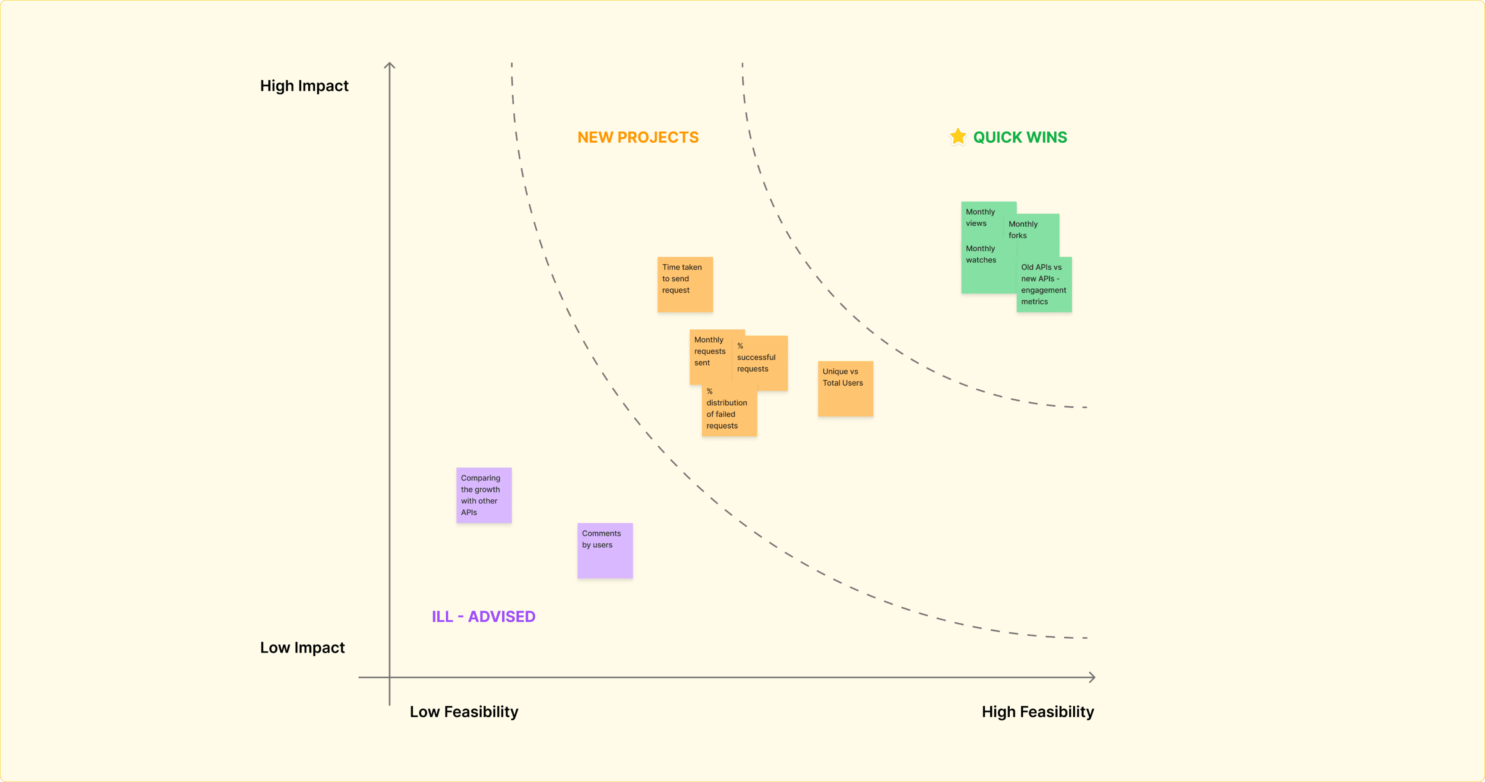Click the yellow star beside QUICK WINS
click(957, 136)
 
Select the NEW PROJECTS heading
click(638, 137)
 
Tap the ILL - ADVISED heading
click(483, 617)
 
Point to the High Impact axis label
click(304, 86)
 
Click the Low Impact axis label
click(302, 648)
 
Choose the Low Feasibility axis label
click(464, 712)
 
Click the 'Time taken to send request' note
click(685, 284)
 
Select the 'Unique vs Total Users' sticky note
click(845, 388)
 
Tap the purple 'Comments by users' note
click(605, 550)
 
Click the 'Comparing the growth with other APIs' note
click(483, 495)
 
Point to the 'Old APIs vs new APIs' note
click(1043, 284)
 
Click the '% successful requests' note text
click(756, 358)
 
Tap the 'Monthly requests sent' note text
click(709, 351)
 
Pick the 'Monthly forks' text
click(1023, 229)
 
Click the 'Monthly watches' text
click(981, 254)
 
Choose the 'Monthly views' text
click(980, 217)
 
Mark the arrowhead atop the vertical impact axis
click(390, 65)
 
